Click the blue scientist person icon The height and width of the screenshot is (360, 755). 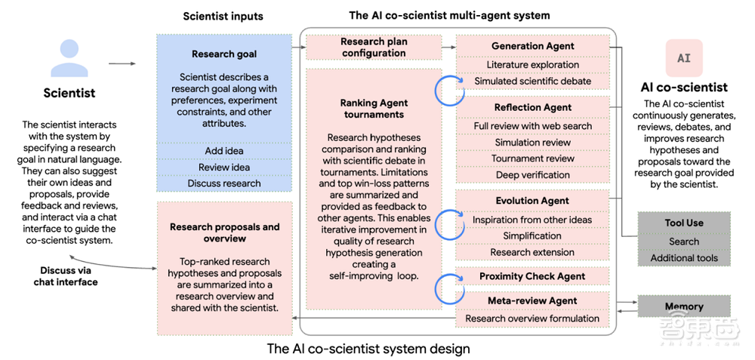click(x=69, y=58)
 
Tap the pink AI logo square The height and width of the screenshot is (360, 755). click(x=684, y=58)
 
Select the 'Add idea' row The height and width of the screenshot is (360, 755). click(x=224, y=151)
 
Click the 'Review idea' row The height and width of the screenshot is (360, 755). click(x=224, y=168)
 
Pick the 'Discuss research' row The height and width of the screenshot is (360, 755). click(x=224, y=183)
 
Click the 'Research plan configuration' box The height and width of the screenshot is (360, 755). click(x=374, y=47)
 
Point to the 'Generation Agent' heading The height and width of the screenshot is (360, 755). click(x=532, y=46)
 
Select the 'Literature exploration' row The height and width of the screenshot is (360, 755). click(x=532, y=64)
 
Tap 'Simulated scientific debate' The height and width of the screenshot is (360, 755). click(x=532, y=81)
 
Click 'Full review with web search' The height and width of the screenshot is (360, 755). click(x=532, y=126)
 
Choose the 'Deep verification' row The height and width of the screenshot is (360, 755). click(x=532, y=174)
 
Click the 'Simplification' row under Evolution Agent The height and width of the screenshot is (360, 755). click(x=532, y=235)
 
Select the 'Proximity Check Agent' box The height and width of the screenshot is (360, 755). click(x=532, y=276)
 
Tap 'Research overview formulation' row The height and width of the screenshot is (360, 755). click(x=532, y=318)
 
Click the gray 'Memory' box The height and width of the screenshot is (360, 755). click(x=684, y=306)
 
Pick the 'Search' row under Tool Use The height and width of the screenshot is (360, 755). click(x=684, y=242)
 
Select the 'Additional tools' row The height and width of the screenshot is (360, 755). click(x=684, y=258)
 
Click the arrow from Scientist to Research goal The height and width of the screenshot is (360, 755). click(x=122, y=63)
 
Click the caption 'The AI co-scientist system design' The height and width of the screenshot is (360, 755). click(x=368, y=347)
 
